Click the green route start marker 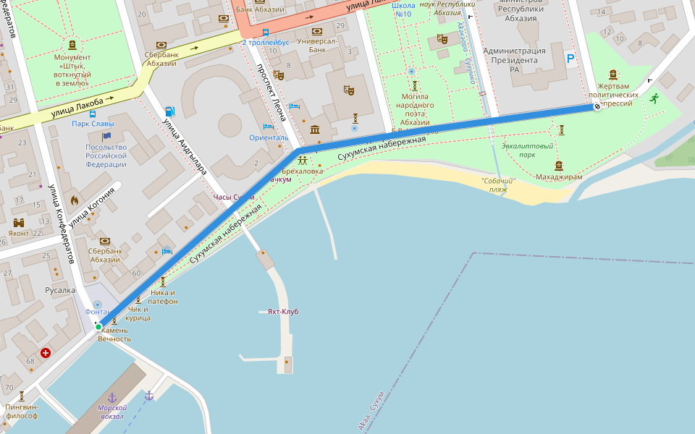98,327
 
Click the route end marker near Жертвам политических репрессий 597,107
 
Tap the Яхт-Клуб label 282,312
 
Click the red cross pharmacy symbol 46,353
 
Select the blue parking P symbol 570,59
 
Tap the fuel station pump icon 169,111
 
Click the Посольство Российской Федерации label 106,156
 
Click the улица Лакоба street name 78,107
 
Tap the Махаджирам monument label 558,176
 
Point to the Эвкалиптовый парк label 527,150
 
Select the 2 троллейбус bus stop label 265,42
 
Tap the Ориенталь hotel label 269,137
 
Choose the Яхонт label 19,234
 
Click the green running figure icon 654,98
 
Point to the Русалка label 60,290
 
